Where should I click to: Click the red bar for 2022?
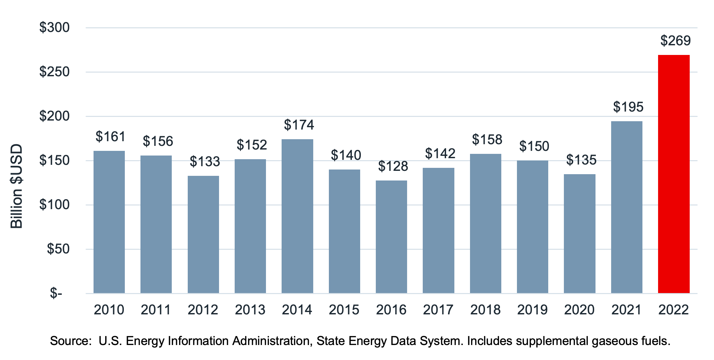coord(674,174)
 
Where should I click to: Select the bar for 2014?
coord(297,216)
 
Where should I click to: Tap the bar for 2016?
coord(391,237)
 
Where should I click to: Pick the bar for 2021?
coord(627,207)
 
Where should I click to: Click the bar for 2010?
coord(109,222)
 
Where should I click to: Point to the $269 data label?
coord(675,41)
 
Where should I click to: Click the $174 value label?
coord(299,125)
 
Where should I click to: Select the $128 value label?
coord(393,167)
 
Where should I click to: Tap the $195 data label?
coord(628,107)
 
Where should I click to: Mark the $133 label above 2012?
coord(205,162)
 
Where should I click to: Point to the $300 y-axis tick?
coord(55,28)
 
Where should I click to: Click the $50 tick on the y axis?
coord(58,249)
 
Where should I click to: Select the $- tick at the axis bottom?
coord(56,293)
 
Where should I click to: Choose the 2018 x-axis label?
coord(485,310)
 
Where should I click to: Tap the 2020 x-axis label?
coord(579,310)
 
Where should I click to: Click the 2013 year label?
coord(250,310)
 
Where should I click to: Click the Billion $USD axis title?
coord(16,186)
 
